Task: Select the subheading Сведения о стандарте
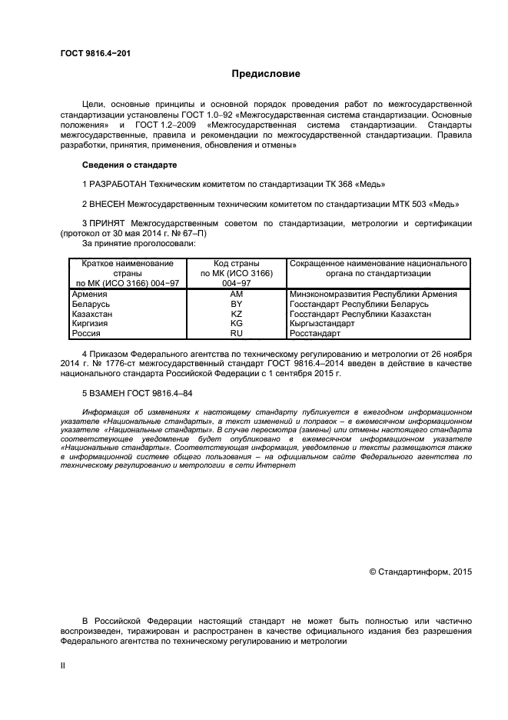pyautogui.click(x=129, y=165)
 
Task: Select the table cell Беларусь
pyautogui.click(x=90, y=304)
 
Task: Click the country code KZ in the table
pyautogui.click(x=237, y=314)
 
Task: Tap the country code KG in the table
pyautogui.click(x=237, y=324)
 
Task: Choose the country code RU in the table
pyautogui.click(x=237, y=334)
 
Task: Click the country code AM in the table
pyautogui.click(x=237, y=294)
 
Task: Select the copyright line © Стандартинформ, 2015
pyautogui.click(x=420, y=572)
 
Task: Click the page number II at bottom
pyautogui.click(x=63, y=666)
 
